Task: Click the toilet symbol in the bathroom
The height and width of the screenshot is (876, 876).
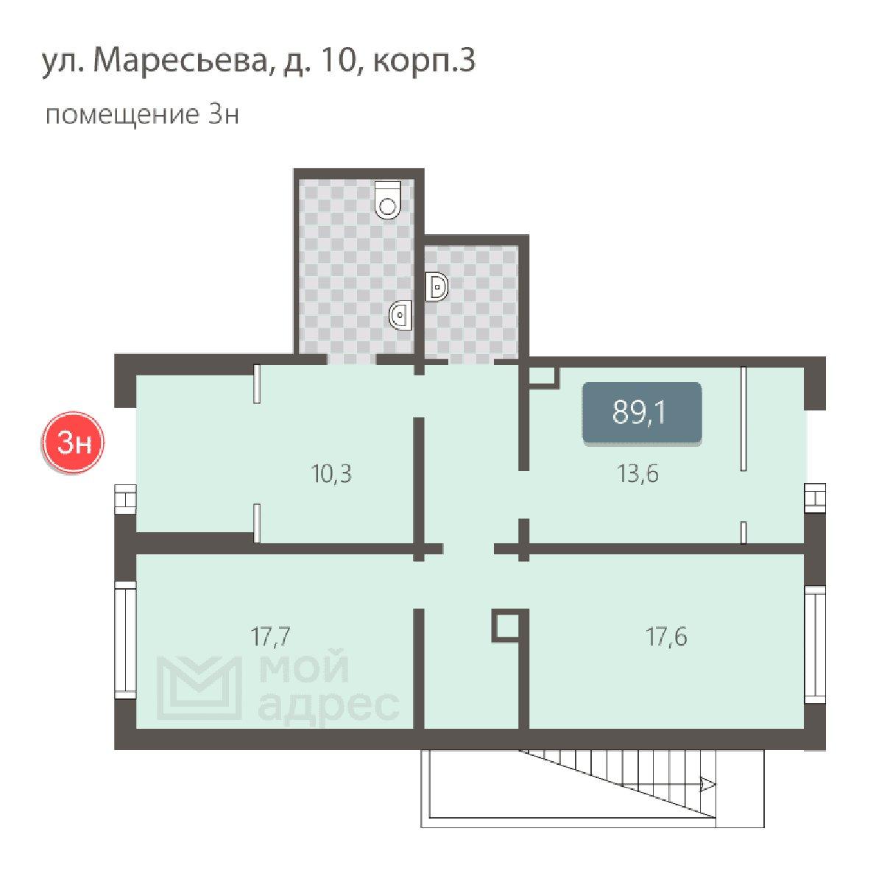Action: (x=388, y=199)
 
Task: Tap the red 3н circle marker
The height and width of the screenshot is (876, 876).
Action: (x=73, y=443)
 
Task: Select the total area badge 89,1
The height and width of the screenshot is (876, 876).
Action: (x=641, y=413)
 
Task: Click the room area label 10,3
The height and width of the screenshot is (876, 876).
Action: (x=331, y=474)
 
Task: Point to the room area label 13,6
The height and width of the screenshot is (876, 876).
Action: (x=638, y=474)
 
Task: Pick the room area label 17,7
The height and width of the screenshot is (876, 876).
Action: (x=270, y=636)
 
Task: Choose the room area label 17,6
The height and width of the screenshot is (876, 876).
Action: (x=666, y=636)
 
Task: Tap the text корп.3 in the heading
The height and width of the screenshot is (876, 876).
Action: (x=424, y=60)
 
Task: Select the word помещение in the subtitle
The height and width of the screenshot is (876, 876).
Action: (x=122, y=115)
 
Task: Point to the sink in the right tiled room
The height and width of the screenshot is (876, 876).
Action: (x=437, y=287)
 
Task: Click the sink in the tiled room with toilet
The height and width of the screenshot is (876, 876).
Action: (x=400, y=315)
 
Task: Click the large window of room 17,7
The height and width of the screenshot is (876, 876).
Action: (x=126, y=639)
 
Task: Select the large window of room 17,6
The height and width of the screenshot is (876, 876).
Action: (x=815, y=644)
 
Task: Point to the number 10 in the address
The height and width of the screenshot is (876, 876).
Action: (x=338, y=60)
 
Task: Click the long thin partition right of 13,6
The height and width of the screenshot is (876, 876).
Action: (x=743, y=418)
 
